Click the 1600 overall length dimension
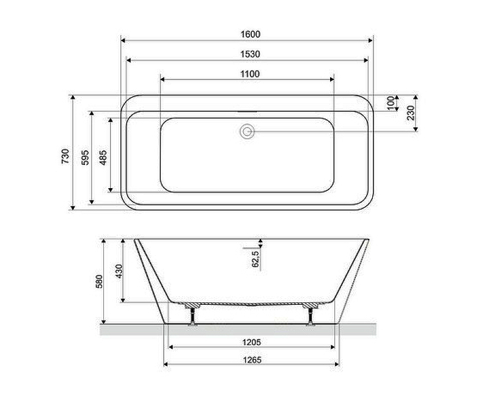click(250, 34)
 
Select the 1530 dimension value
click(250, 54)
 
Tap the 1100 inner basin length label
click(250, 74)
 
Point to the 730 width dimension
click(65, 156)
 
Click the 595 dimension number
click(85, 158)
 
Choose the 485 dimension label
click(103, 158)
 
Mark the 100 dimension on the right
click(391, 103)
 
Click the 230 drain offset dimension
click(411, 113)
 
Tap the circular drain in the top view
click(248, 131)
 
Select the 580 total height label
click(99, 281)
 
